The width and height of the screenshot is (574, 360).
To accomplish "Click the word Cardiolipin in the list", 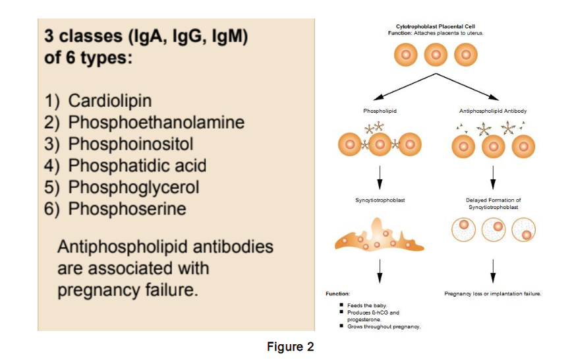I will pyautogui.click(x=109, y=101).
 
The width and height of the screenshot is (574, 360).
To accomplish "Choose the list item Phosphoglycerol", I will pyautogui.click(x=134, y=187).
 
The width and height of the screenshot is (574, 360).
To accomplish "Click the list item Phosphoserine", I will pyautogui.click(x=127, y=208).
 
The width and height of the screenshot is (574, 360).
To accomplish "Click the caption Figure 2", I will pyautogui.click(x=290, y=346).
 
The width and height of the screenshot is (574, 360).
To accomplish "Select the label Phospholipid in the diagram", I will pyautogui.click(x=379, y=111).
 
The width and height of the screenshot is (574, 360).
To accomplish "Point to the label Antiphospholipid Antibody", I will pyautogui.click(x=493, y=111).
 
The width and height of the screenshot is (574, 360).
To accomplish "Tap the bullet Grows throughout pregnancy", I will pyautogui.click(x=384, y=326).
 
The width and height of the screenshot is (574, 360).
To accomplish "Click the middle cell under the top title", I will pyautogui.click(x=436, y=55).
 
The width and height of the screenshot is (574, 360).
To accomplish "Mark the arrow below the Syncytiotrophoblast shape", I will pyautogui.click(x=380, y=271).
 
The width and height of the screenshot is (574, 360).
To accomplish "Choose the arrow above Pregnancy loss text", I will pyautogui.click(x=493, y=271).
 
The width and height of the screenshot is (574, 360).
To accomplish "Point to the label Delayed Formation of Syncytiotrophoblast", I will pyautogui.click(x=493, y=203).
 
